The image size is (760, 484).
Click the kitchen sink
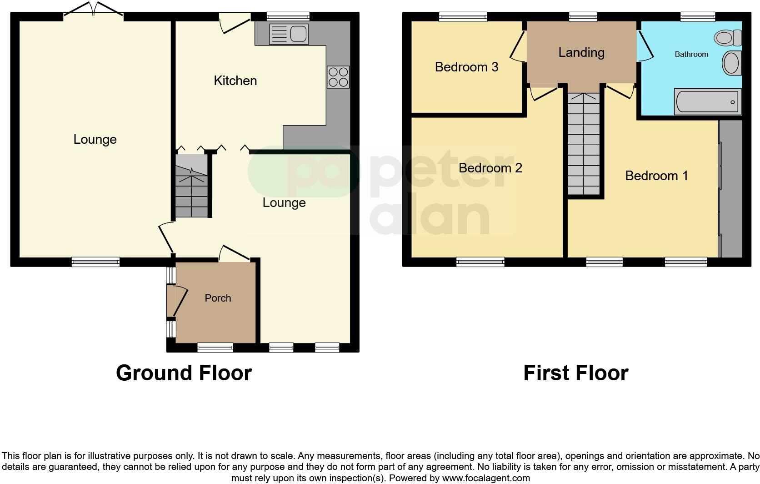point(289,34)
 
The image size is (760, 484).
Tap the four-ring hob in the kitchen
point(338,77)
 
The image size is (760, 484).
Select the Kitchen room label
point(235,81)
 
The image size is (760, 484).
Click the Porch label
point(218,298)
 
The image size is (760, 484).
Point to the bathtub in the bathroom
point(707,102)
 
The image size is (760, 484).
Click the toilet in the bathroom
point(728,38)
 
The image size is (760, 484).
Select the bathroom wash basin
point(731,63)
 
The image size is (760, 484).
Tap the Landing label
point(581,53)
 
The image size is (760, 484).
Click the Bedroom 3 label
point(466,67)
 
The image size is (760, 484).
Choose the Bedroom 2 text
point(490,168)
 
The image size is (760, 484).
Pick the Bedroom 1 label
point(656,176)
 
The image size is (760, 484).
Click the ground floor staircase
point(191,186)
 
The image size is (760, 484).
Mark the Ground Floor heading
point(184,373)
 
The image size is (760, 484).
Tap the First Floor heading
point(575,373)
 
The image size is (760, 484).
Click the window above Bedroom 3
point(463,17)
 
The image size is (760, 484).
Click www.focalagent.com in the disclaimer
point(485,478)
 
